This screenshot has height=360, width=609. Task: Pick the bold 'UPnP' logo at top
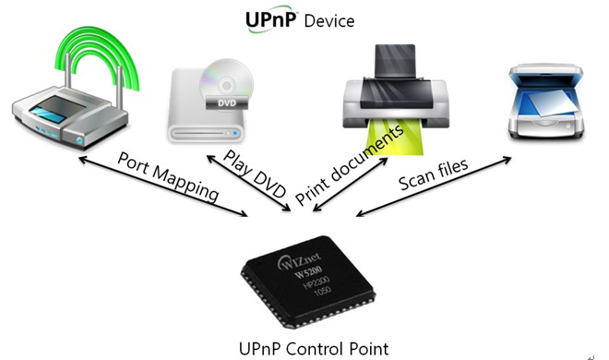(x=270, y=20)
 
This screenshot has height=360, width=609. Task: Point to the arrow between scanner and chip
(x=434, y=188)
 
